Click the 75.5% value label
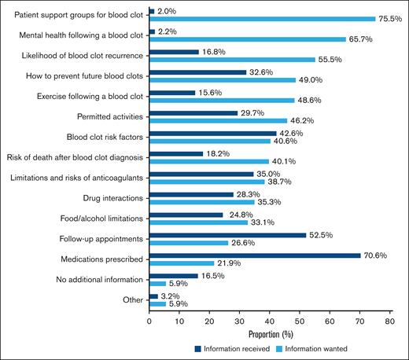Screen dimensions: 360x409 pyautogui.click(x=390, y=19)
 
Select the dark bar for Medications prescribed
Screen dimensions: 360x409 pyautogui.click(x=255, y=255)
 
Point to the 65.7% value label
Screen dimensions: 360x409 pyautogui.click(x=361, y=39)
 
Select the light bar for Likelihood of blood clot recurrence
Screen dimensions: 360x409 pyautogui.click(x=232, y=59)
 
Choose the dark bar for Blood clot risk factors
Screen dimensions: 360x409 pyautogui.click(x=213, y=134)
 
